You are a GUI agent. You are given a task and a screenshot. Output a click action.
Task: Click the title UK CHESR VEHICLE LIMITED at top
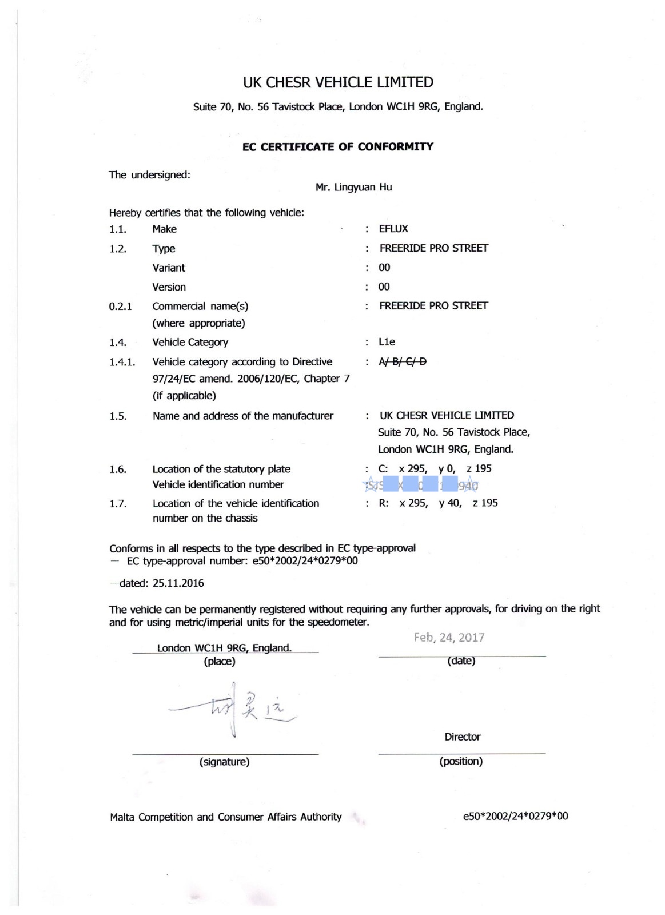[338, 82]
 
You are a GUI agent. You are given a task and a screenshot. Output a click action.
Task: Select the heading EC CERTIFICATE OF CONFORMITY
[338, 147]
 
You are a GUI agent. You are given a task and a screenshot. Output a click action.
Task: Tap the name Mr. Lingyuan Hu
[353, 188]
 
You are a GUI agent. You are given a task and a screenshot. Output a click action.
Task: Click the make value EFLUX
[393, 229]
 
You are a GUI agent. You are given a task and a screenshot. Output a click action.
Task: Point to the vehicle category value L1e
[387, 342]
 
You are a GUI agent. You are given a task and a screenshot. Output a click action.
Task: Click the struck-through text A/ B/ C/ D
[403, 361]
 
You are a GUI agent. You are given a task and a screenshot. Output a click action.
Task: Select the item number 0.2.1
[120, 307]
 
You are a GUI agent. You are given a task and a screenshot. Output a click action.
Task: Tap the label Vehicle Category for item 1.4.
[190, 343]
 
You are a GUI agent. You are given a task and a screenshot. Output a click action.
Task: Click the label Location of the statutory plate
[221, 469]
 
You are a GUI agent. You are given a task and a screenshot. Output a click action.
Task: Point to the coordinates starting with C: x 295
[435, 468]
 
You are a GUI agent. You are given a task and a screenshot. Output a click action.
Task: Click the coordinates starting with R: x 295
[438, 503]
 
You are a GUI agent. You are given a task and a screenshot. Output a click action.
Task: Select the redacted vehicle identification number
[421, 486]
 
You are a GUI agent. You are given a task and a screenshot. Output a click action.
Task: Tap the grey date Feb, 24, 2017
[449, 638]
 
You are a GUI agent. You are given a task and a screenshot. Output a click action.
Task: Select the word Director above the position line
[463, 737]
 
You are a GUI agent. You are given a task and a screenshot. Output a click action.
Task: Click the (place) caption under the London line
[220, 662]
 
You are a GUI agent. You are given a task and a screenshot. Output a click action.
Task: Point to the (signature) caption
[224, 762]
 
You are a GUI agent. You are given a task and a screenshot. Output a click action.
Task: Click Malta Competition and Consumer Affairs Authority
[226, 817]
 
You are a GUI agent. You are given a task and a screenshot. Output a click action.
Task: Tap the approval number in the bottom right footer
[515, 816]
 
